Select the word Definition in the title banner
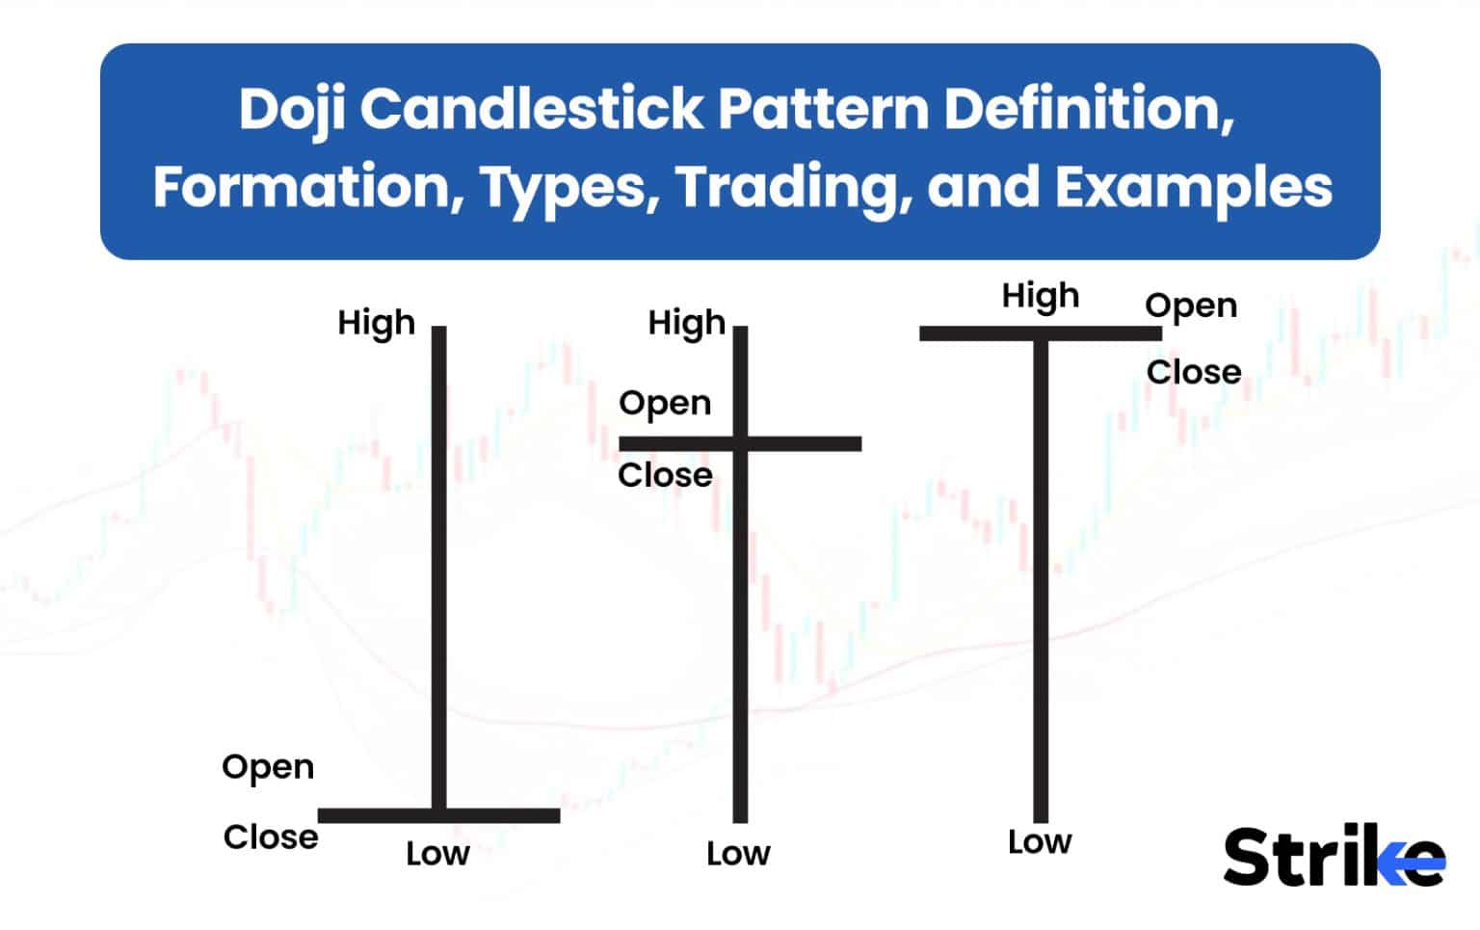pyautogui.click(x=1089, y=110)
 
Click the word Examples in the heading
pyautogui.click(x=1194, y=187)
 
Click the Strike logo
pyautogui.click(x=1335, y=856)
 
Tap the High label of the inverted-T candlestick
pyautogui.click(x=376, y=324)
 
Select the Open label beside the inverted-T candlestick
pyautogui.click(x=268, y=767)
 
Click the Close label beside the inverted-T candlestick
pyautogui.click(x=271, y=837)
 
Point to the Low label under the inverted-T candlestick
pyautogui.click(x=437, y=854)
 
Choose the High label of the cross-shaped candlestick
pyautogui.click(x=686, y=324)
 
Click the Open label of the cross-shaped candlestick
pyautogui.click(x=665, y=403)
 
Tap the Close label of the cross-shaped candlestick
pyautogui.click(x=665, y=475)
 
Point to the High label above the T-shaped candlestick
pyautogui.click(x=1041, y=296)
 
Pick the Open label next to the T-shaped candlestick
pyautogui.click(x=1191, y=306)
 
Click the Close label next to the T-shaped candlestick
pyautogui.click(x=1194, y=372)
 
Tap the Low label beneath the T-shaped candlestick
pyautogui.click(x=1040, y=842)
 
